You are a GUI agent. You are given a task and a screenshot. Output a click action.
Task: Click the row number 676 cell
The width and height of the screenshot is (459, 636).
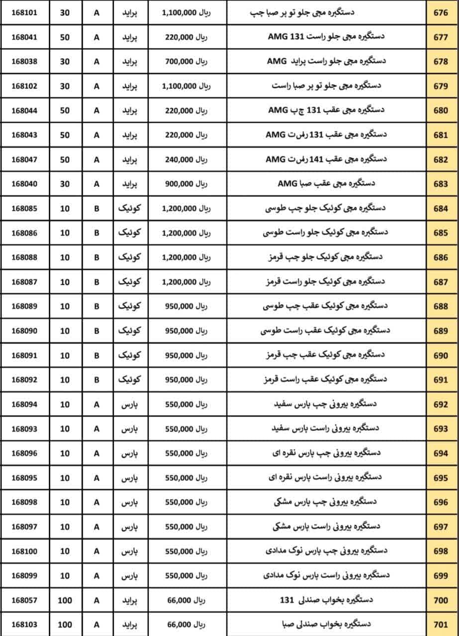tap(441, 12)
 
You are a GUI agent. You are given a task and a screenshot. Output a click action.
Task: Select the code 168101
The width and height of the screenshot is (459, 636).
tap(24, 12)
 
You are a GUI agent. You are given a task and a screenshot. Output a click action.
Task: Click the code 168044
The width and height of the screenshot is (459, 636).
tap(24, 110)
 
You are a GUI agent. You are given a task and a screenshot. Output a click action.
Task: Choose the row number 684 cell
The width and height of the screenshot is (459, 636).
tap(441, 208)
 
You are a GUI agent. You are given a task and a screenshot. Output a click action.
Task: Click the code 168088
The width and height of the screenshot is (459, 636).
tap(24, 257)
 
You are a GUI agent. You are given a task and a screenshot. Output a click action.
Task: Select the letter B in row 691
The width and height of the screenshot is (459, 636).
tap(96, 380)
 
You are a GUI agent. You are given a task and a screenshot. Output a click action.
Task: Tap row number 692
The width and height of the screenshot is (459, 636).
tap(441, 404)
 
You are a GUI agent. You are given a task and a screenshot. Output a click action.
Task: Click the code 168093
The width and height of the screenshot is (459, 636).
tap(24, 429)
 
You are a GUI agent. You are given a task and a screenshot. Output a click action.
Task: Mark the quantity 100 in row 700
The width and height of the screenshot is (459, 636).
tap(65, 600)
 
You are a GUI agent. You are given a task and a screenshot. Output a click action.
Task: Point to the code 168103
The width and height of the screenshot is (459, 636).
tap(24, 625)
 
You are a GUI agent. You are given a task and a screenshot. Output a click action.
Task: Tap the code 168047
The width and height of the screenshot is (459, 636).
tap(24, 159)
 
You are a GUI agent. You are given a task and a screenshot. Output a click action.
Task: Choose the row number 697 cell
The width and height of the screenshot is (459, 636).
tap(441, 527)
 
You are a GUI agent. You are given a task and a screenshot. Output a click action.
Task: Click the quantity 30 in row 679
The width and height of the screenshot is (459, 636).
tap(65, 86)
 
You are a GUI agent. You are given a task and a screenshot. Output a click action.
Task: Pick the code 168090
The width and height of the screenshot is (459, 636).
tap(24, 331)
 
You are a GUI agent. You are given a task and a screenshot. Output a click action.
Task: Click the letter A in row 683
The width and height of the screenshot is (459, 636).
tap(96, 184)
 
